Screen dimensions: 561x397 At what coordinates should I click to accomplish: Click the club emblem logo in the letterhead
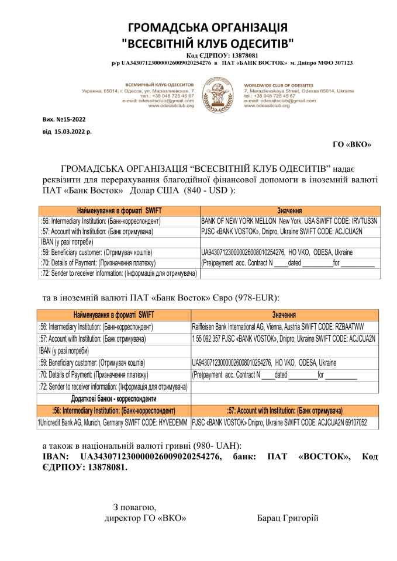click(x=218, y=95)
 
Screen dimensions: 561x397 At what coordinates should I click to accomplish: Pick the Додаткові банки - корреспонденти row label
click(x=114, y=399)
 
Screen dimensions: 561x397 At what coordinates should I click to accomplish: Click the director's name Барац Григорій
click(x=288, y=518)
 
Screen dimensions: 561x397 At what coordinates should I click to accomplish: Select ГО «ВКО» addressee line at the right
click(x=351, y=144)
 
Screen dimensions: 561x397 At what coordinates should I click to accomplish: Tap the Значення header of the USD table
click(x=289, y=211)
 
